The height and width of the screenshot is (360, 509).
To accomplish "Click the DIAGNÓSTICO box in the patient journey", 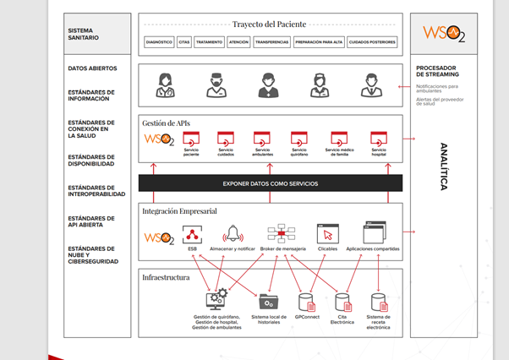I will coord(159,41).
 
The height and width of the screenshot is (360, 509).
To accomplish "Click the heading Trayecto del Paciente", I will coord(269,24).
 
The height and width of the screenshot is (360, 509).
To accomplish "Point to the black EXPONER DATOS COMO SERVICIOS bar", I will coord(270,183).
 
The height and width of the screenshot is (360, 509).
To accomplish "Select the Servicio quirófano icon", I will coord(298,138).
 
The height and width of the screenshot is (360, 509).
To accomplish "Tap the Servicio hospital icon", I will coord(378,138).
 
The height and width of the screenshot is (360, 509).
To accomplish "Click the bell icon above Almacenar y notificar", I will coord(232,234).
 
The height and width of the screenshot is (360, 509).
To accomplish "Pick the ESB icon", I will coord(192,234).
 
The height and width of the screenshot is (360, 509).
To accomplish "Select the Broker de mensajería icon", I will coord(281,233).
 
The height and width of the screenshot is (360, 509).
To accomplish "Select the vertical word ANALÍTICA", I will coord(442,167).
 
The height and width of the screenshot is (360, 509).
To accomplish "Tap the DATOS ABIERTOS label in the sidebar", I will coord(92,68).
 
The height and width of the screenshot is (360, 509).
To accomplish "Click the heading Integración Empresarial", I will coord(179,210).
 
